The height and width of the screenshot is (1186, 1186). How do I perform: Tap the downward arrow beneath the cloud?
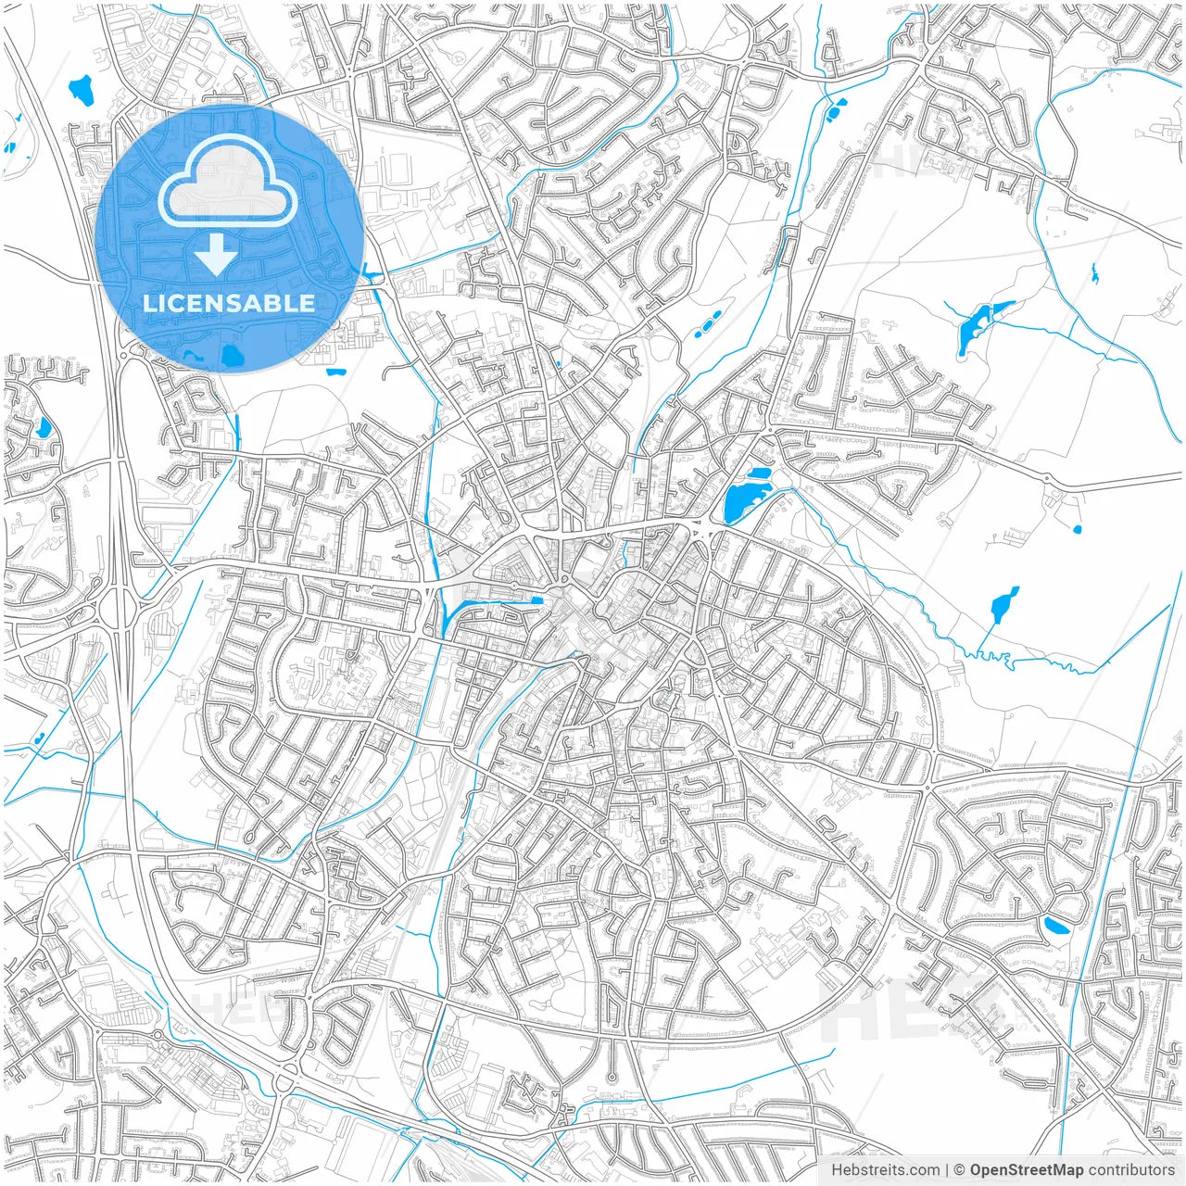pyautogui.click(x=216, y=254)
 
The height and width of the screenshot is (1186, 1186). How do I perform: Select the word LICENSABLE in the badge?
pyautogui.click(x=228, y=303)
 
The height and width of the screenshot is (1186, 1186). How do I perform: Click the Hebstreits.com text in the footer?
pyautogui.click(x=885, y=1170)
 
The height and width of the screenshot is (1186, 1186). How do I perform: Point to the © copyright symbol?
pyautogui.click(x=960, y=1170)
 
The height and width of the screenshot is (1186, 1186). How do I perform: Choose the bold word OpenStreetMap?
pyautogui.click(x=1027, y=1170)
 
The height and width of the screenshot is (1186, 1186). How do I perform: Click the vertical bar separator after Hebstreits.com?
pyautogui.click(x=947, y=1170)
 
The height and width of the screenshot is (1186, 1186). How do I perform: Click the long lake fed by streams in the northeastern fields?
pyautogui.click(x=973, y=326)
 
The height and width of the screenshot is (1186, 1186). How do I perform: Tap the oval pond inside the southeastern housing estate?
pyautogui.click(x=1055, y=925)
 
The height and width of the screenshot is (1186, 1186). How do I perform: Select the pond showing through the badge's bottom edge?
pyautogui.click(x=230, y=355)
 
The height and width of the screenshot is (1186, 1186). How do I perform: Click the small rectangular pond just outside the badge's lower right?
pyautogui.click(x=335, y=372)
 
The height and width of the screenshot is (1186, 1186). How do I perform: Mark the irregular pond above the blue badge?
pyautogui.click(x=82, y=90)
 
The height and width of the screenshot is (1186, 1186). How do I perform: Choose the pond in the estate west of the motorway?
pyautogui.click(x=43, y=427)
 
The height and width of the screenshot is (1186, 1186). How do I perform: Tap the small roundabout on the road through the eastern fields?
pyautogui.click(x=1047, y=479)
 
